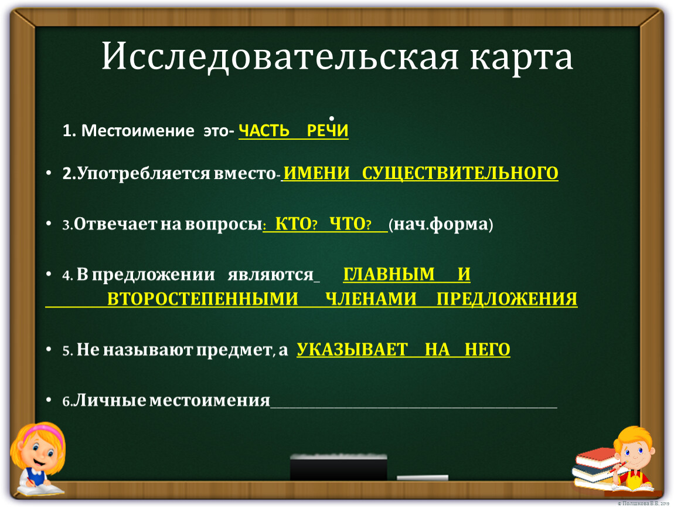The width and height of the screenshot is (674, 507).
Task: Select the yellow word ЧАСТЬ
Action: click(264, 130)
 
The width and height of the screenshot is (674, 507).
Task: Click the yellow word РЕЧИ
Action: click(328, 130)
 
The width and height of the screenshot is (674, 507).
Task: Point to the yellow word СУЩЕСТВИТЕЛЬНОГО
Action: click(460, 174)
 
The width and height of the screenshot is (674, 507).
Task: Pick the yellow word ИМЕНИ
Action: click(317, 173)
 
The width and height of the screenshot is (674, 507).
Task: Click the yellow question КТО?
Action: click(296, 224)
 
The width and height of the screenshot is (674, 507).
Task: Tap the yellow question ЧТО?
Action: click(350, 224)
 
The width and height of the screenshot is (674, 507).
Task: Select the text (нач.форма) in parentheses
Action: click(441, 224)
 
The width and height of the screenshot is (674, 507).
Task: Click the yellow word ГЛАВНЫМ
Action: click(389, 274)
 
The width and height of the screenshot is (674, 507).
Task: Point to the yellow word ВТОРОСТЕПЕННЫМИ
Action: click(202, 299)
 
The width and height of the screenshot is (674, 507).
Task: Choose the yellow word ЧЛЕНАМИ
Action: click(371, 299)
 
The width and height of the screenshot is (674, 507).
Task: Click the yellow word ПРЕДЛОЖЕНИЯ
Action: click(507, 299)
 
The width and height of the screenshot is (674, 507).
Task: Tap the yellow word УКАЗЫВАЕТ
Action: click(352, 350)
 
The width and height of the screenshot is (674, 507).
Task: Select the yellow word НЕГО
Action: click(488, 350)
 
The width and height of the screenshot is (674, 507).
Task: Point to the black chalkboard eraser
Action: click(338, 467)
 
